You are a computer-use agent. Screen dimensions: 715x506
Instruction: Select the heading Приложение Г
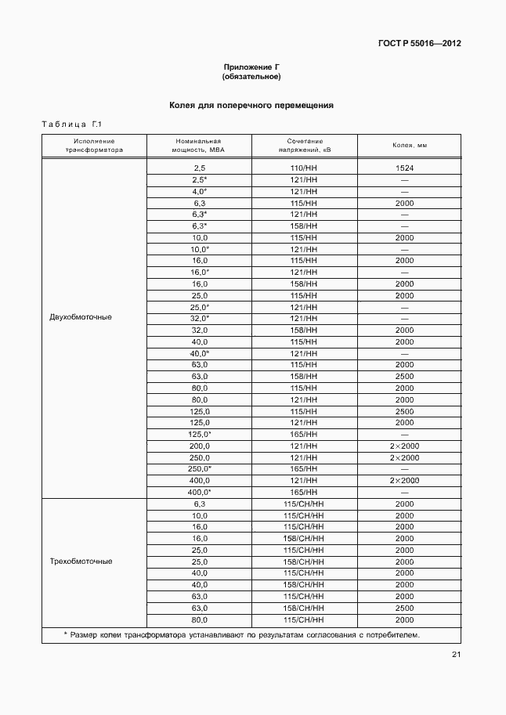point(251,67)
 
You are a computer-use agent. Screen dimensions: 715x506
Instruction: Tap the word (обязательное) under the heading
point(251,77)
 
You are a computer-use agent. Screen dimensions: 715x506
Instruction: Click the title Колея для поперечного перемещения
point(251,104)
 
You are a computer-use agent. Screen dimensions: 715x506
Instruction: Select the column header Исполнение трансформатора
point(94,146)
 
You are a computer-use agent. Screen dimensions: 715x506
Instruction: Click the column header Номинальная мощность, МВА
point(199,146)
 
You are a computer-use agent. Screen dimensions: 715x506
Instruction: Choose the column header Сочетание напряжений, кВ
point(304,146)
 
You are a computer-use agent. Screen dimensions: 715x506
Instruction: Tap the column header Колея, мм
point(409,146)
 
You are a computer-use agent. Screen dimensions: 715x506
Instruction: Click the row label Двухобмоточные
point(81,318)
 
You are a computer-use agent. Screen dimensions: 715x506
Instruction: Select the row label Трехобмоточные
point(81,562)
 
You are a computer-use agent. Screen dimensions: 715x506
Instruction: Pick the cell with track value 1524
point(404,168)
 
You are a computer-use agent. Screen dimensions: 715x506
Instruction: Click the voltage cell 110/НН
point(304,168)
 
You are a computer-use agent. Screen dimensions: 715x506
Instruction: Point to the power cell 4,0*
point(199,191)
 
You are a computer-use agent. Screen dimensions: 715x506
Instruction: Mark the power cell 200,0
point(199,446)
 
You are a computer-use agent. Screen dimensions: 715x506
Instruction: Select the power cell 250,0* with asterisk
point(199,468)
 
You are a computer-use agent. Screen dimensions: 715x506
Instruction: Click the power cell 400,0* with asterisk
point(199,492)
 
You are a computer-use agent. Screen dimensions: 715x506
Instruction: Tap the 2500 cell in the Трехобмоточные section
point(404,608)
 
